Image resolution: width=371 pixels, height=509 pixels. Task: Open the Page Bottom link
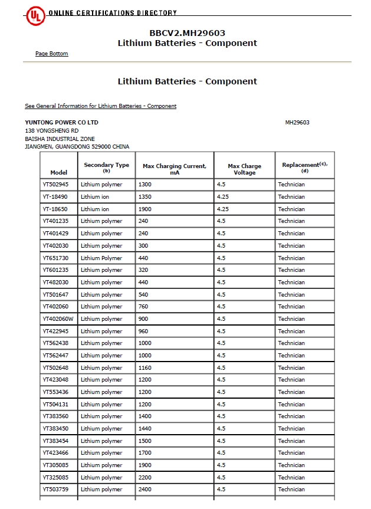pyautogui.click(x=51, y=54)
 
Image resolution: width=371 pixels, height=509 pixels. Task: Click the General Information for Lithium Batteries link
pyautogui.click(x=100, y=106)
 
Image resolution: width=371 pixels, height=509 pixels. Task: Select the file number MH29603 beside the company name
pyautogui.click(x=297, y=123)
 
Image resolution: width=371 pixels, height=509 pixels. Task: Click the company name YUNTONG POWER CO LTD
pyautogui.click(x=61, y=122)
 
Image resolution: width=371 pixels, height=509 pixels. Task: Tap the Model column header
pyautogui.click(x=59, y=172)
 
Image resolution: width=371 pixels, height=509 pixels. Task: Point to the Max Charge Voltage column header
pyautogui.click(x=244, y=169)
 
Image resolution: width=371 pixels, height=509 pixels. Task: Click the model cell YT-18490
pyautogui.click(x=55, y=197)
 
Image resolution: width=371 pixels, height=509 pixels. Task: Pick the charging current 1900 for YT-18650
pyautogui.click(x=145, y=209)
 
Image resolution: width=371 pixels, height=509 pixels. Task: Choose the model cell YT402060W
pyautogui.click(x=58, y=319)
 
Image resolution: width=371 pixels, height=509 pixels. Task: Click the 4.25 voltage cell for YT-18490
pyautogui.click(x=222, y=197)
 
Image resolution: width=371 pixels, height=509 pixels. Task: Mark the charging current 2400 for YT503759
pyautogui.click(x=145, y=490)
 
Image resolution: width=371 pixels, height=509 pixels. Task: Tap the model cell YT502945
pyautogui.click(x=55, y=185)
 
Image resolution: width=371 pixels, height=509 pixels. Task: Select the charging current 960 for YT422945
pyautogui.click(x=143, y=331)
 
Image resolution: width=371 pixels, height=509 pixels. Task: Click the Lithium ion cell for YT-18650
pyautogui.click(x=95, y=209)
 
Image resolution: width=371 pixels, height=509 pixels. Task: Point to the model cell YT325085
pyautogui.click(x=55, y=477)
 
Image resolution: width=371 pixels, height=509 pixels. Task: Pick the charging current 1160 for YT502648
pyautogui.click(x=145, y=368)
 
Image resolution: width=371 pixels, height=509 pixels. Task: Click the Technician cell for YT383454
pyautogui.click(x=291, y=441)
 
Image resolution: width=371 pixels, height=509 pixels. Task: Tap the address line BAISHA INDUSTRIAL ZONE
pyautogui.click(x=60, y=139)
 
